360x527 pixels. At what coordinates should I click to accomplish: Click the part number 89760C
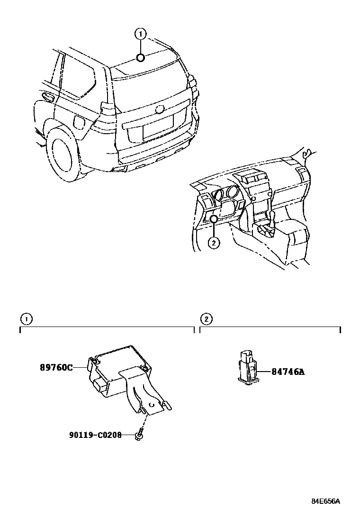(x=56, y=367)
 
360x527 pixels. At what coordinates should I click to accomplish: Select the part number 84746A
(x=288, y=372)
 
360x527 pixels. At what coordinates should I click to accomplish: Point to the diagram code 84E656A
(x=326, y=501)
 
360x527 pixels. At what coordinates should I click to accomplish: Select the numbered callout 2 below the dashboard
(x=214, y=243)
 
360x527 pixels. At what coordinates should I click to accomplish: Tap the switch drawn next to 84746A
(x=248, y=366)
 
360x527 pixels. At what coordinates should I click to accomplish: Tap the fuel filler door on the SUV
(x=79, y=121)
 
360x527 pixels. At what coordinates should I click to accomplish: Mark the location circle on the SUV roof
(x=140, y=58)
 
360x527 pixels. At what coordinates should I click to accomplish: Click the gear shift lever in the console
(x=274, y=219)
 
